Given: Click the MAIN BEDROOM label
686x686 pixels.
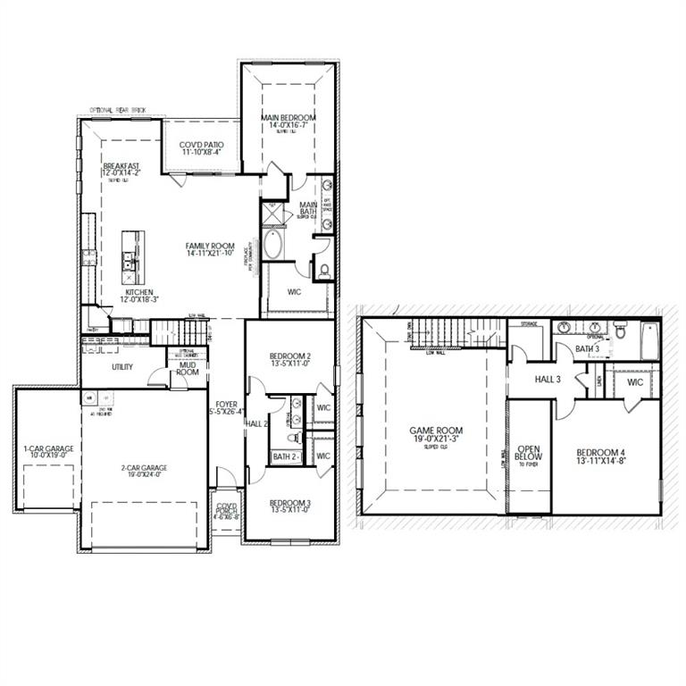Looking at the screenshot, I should pyautogui.click(x=289, y=118).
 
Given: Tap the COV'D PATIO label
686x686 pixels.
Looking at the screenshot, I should pyautogui.click(x=201, y=145).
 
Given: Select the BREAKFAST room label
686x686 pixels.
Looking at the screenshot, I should pyautogui.click(x=121, y=166).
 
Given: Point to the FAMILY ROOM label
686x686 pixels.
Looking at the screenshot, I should pyautogui.click(x=210, y=246).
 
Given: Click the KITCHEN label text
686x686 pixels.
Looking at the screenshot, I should pyautogui.click(x=139, y=292).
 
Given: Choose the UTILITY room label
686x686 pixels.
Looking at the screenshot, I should pyautogui.click(x=122, y=367).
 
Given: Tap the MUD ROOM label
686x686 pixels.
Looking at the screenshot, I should pyautogui.click(x=188, y=367).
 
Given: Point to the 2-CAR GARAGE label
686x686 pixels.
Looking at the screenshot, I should pyautogui.click(x=143, y=467).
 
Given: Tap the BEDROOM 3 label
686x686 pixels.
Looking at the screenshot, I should pyautogui.click(x=289, y=503).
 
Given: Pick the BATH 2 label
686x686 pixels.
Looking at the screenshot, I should pyautogui.click(x=285, y=457).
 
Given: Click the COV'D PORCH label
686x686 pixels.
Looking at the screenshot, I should pyautogui.click(x=224, y=511).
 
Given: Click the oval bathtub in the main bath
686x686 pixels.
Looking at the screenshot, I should pyautogui.click(x=272, y=244).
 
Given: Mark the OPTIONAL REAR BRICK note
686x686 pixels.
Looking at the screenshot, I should pyautogui.click(x=117, y=111).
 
